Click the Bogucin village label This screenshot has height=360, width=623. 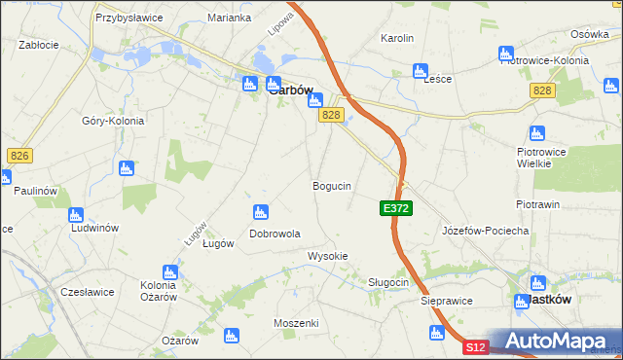[332, 185]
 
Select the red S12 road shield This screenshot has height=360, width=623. [474, 346]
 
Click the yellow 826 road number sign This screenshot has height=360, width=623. [18, 155]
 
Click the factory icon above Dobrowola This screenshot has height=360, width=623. [260, 212]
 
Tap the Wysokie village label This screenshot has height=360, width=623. [328, 256]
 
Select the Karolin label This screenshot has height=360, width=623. [397, 39]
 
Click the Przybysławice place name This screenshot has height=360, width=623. [127, 18]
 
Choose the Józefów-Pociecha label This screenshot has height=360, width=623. [485, 231]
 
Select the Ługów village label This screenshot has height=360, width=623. [217, 244]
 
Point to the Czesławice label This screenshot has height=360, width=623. [88, 291]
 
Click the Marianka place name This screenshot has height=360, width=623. [230, 18]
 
